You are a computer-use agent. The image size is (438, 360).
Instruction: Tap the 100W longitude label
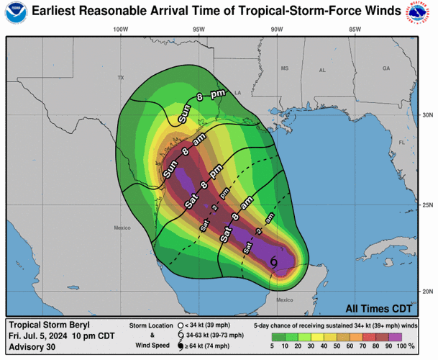(x=120, y=30)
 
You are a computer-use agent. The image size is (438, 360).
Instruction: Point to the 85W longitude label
(x=354, y=30)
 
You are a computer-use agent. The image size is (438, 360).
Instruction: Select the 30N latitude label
(x=426, y=115)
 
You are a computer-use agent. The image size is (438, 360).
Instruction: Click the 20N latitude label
(x=426, y=291)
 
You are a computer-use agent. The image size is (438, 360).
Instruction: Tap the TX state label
(x=121, y=77)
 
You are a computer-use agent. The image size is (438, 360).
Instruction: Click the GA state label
(x=386, y=68)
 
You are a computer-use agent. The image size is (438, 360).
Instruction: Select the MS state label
(x=284, y=68)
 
